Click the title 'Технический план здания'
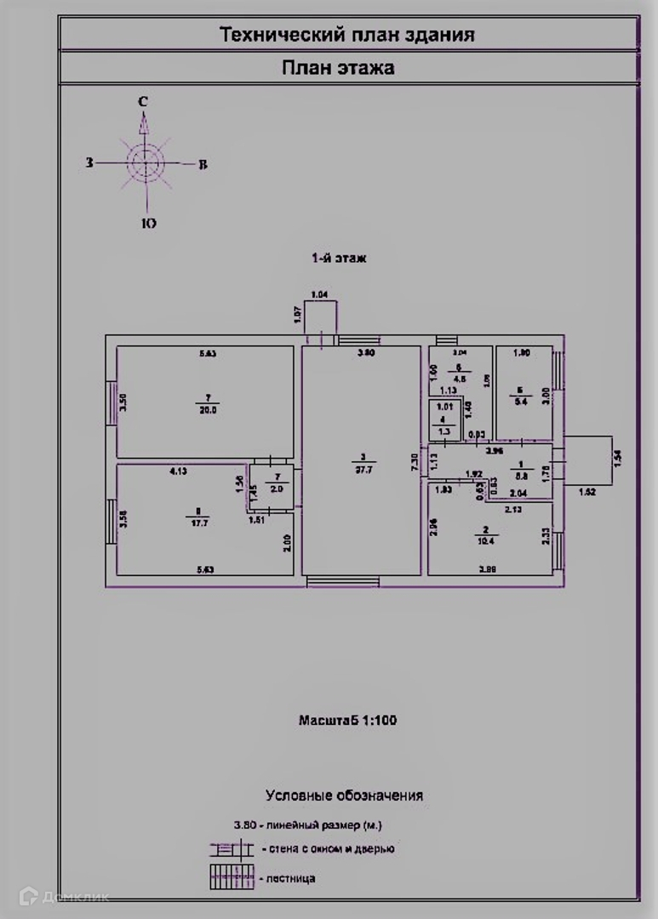click(347, 35)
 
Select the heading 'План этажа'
click(338, 68)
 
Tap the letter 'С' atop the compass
click(144, 102)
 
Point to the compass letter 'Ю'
click(147, 224)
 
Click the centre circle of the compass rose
click(145, 162)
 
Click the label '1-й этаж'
click(338, 258)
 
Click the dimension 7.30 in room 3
click(414, 459)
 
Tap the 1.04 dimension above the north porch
click(320, 295)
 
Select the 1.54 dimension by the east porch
click(619, 457)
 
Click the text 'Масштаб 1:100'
click(347, 721)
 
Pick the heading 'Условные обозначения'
click(344, 796)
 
